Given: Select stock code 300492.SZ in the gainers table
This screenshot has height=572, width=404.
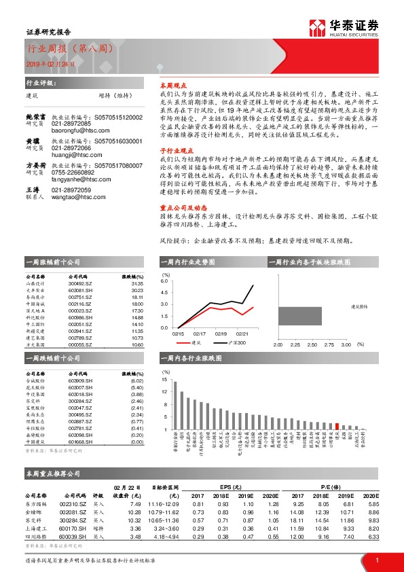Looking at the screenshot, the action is pyautogui.click(x=81, y=284).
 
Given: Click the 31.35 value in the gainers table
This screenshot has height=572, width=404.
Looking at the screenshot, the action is pyautogui.click(x=137, y=284).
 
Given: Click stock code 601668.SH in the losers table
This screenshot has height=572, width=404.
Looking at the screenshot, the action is pyautogui.click(x=81, y=441).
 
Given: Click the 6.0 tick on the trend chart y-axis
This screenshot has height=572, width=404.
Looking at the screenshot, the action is pyautogui.click(x=164, y=280).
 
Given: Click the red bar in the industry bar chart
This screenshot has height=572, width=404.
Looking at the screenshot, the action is pyautogui.click(x=337, y=427).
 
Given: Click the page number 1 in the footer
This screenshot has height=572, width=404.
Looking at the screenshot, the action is pyautogui.click(x=377, y=560).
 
